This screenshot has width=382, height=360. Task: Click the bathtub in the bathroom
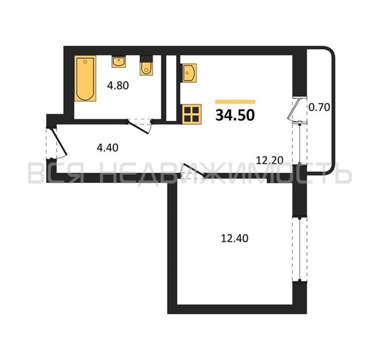pos(85,78)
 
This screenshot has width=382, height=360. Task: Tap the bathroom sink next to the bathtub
pos(119,62)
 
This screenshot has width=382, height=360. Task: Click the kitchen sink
pos(189,73)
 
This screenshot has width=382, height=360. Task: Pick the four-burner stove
pos(192,114)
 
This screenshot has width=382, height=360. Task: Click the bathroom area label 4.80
pos(118,86)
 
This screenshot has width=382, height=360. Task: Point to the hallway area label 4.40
pos(107,148)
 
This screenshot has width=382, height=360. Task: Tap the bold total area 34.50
pos(235,115)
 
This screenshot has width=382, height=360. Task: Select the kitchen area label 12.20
pos(270,161)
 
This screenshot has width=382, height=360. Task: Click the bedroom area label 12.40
pos(235,238)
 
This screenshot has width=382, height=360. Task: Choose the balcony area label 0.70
pos(319,107)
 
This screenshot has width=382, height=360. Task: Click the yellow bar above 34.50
pos(235,102)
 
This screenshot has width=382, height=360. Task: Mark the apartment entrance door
pos(58,143)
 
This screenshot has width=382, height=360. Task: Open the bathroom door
pos(139,126)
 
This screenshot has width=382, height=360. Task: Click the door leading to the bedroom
pos(193,171)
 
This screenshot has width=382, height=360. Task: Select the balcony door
pos(296,109)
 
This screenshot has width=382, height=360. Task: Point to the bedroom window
pos(300,249)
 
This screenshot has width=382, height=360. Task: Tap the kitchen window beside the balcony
pos(300,143)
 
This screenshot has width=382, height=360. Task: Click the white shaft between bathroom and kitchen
pos(171,88)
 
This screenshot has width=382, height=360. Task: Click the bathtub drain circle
pos(85,62)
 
